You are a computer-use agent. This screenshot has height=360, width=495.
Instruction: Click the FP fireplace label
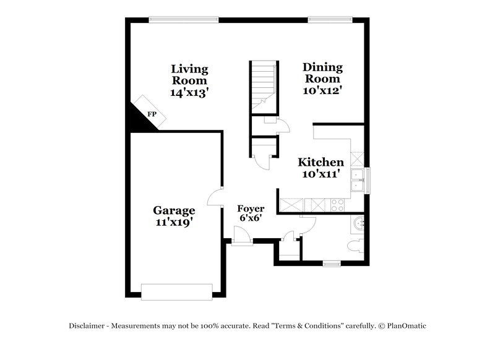pos(152,114)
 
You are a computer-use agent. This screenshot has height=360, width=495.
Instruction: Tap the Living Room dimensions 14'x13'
pos(189,92)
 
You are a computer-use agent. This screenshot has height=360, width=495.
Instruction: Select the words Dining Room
pos(322,73)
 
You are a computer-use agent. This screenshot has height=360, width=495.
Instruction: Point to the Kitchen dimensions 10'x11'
pos(321,174)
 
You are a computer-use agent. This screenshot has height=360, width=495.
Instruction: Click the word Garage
pos(174,210)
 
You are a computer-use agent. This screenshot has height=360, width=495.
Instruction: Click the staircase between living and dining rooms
pos(262,87)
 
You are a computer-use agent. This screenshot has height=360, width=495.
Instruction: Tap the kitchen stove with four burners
pos(338,205)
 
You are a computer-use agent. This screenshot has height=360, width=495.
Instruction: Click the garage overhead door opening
pos(177,291)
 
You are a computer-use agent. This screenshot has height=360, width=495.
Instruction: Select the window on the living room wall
pos(184,19)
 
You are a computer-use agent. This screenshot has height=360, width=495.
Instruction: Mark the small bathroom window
pos(332,264)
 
